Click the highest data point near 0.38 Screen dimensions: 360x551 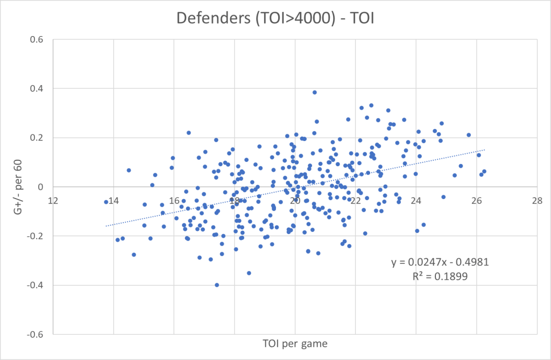(315, 93)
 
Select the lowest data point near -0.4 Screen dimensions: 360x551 (217, 285)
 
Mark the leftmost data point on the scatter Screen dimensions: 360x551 (106, 202)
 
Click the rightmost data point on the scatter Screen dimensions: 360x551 (484, 172)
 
